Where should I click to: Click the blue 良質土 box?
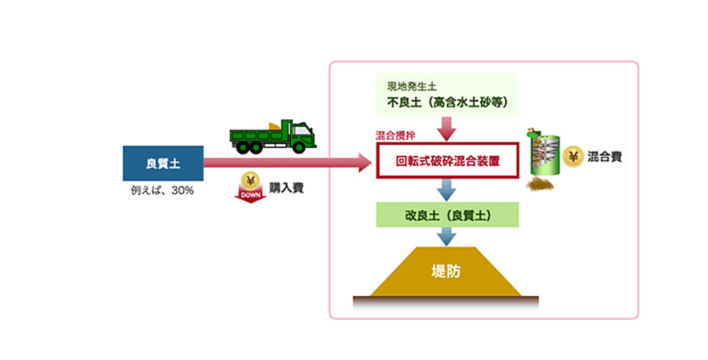click(163, 164)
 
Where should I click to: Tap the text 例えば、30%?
click(162, 190)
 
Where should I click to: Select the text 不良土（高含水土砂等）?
click(447, 103)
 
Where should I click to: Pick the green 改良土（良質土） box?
click(447, 215)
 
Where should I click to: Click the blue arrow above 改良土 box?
click(447, 189)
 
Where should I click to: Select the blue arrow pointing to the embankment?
click(447, 237)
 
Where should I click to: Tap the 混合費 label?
click(604, 157)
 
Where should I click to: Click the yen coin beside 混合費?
click(573, 157)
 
